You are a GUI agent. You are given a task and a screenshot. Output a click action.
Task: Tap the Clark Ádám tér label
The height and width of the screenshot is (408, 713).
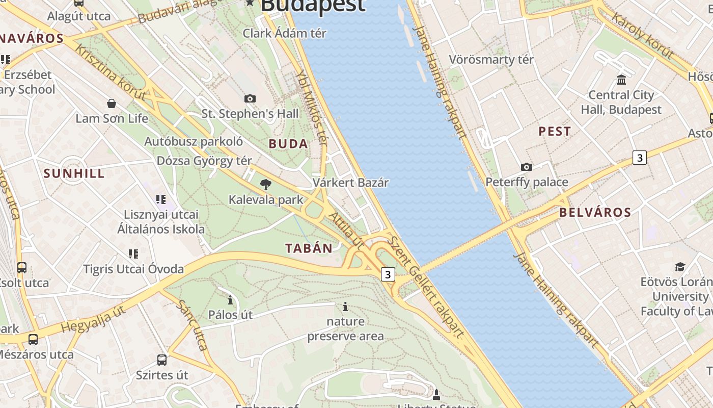pos(284,33)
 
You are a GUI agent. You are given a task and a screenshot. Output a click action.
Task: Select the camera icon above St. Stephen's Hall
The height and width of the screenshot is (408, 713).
pos(250,98)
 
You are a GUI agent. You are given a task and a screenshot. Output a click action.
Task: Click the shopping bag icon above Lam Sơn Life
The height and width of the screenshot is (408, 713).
pos(112,104)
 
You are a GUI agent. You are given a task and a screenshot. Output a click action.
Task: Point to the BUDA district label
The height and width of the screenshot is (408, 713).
pos(288,144)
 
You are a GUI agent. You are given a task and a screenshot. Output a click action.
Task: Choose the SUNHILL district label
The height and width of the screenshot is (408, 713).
pos(74,173)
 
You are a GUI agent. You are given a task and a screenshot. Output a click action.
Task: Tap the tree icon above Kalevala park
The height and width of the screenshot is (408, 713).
pos(265,185)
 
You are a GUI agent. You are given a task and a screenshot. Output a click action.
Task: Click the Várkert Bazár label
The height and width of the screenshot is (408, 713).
pos(350,183)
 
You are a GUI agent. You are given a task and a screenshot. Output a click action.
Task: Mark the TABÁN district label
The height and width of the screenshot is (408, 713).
pos(309,248)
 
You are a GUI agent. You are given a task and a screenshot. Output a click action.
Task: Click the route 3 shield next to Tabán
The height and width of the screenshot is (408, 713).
pos(388,274)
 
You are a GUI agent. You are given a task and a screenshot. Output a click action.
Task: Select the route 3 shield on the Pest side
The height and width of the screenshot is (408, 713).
pos(639,158)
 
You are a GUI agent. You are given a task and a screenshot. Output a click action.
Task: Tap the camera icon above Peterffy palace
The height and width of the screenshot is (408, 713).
pos(527,167)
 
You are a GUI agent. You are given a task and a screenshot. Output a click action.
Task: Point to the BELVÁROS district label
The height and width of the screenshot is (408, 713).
pos(595,212)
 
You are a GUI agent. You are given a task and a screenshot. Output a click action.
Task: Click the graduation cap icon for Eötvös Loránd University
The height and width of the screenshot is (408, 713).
pos(680,267)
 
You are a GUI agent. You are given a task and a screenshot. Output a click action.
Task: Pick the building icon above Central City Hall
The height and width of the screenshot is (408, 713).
pos(621,80)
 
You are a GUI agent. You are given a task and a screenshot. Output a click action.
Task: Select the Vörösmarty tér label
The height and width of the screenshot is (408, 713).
pos(491,60)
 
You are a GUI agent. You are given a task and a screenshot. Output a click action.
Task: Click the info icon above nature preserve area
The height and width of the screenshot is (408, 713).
pos(345,307)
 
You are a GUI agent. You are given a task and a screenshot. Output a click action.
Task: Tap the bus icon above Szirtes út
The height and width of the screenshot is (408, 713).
pos(162,360)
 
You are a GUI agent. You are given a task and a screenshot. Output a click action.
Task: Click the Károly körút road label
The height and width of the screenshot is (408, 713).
pos(642,35)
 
